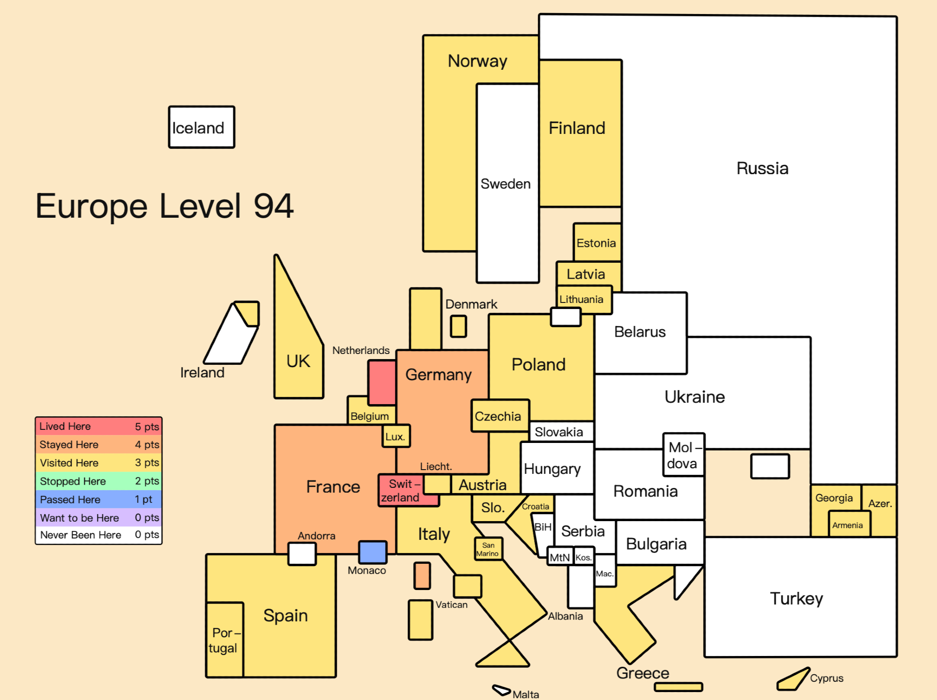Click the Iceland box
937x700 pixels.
201,127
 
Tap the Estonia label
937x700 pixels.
596,243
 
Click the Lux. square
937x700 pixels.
396,436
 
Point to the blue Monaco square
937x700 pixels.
373,552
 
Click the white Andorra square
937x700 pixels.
302,554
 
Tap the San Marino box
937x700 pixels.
488,549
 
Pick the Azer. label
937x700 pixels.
880,504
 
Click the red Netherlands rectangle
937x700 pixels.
382,383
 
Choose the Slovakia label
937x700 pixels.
559,432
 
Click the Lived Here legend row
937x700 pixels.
99,426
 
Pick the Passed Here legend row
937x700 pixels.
99,499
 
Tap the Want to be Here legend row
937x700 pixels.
99,517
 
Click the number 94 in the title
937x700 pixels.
274,206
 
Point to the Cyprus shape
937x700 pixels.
793,679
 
